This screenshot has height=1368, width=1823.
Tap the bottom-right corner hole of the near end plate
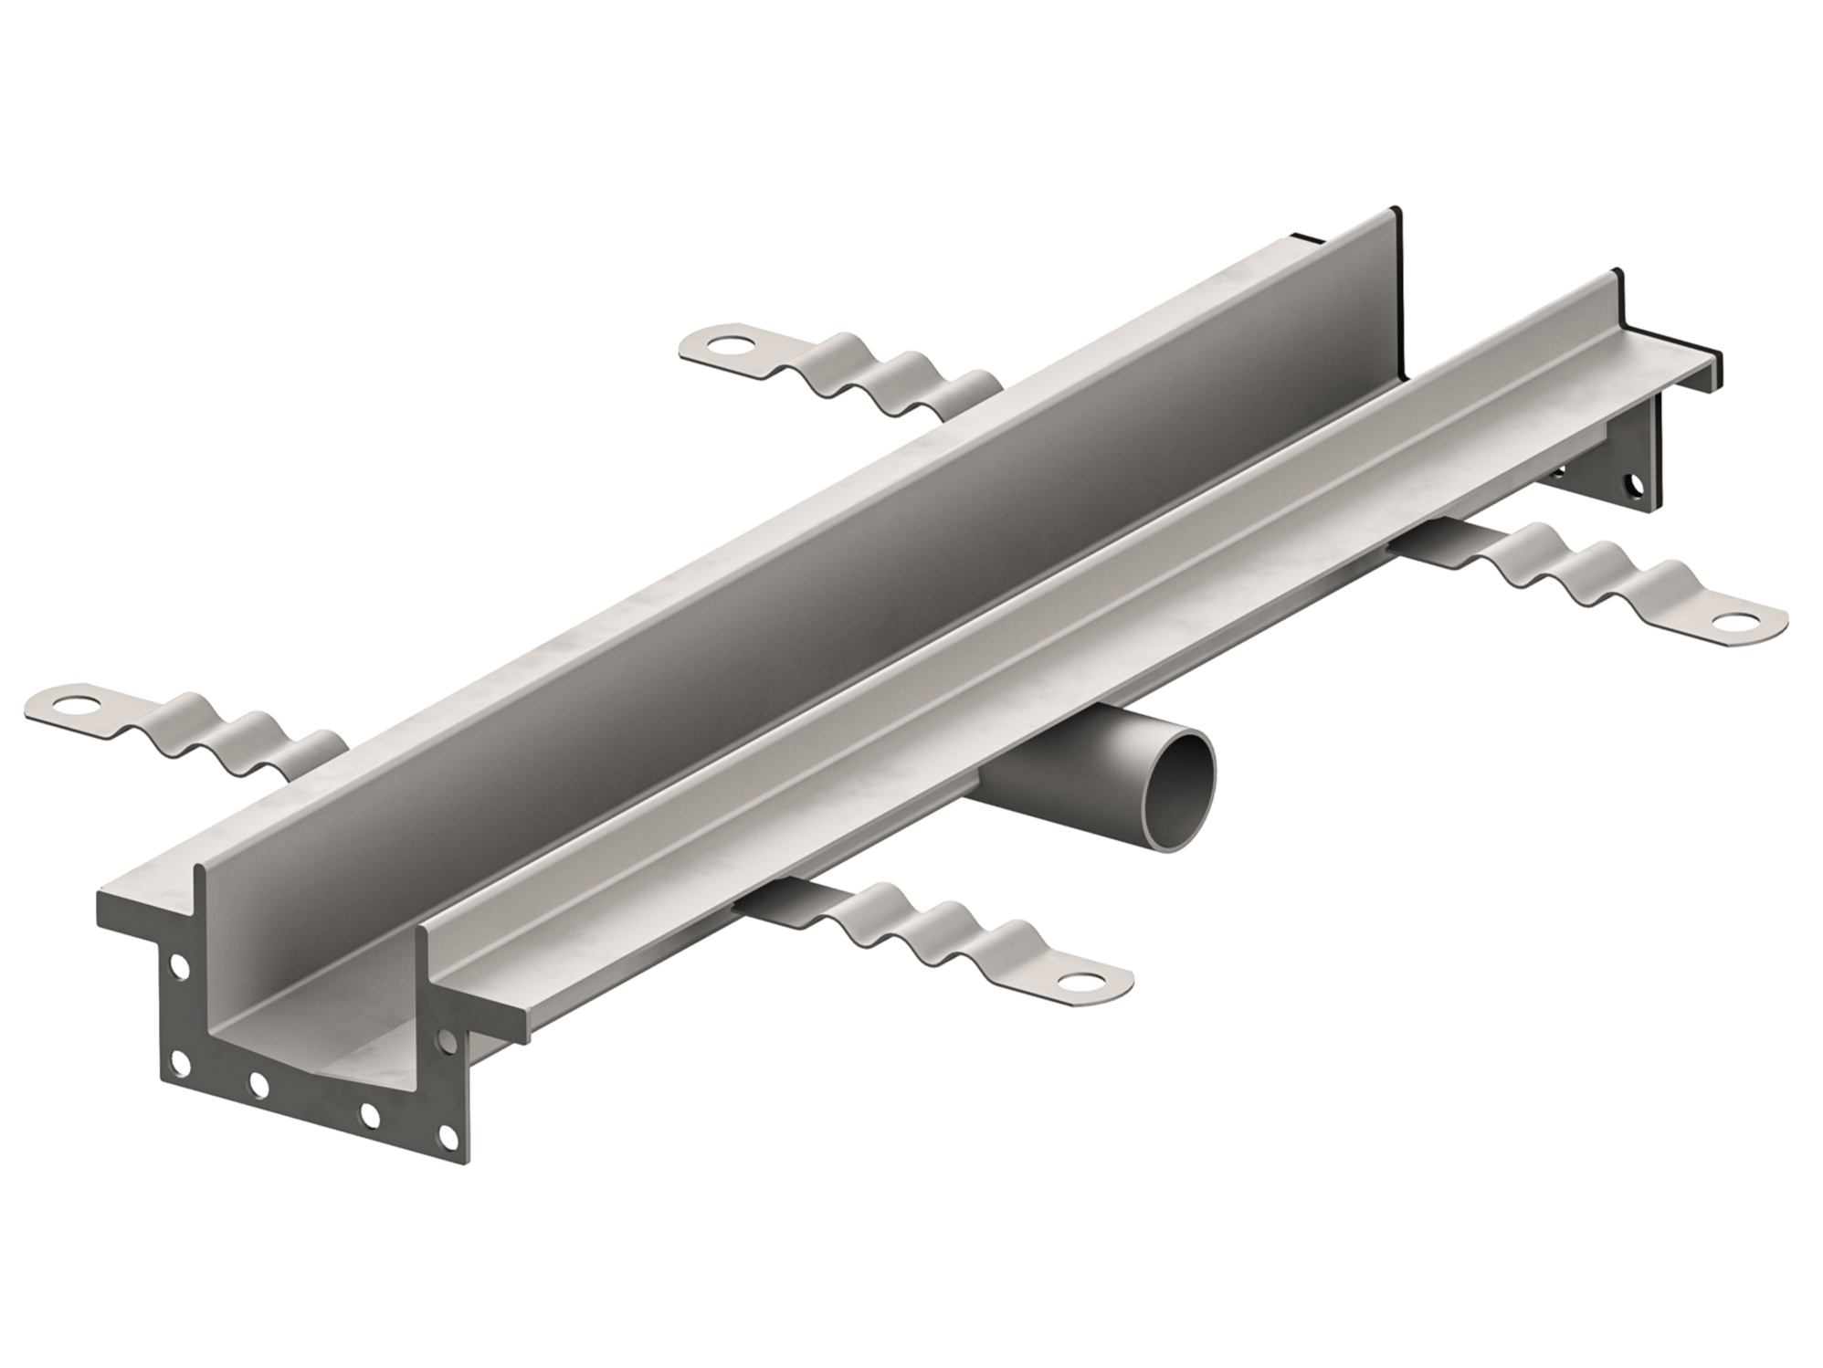(448, 1135)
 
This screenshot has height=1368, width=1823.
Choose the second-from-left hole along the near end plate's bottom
(258, 1085)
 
